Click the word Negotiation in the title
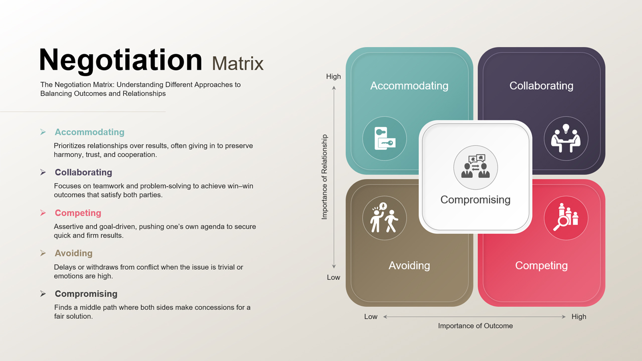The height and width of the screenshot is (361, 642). (120, 60)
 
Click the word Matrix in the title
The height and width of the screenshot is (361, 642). (238, 64)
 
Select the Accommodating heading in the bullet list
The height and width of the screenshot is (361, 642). (89, 132)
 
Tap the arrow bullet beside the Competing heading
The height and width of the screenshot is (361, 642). (43, 213)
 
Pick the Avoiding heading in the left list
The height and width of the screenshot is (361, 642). (73, 253)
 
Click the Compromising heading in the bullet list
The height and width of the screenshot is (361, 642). (86, 294)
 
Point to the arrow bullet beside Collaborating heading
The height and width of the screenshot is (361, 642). (43, 172)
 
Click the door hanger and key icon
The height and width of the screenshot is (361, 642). (385, 139)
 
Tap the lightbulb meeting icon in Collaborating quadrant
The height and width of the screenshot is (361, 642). (566, 139)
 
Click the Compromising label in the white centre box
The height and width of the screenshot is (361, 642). (475, 200)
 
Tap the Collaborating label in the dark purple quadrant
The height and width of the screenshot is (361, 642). (541, 86)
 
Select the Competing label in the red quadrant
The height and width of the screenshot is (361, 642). (541, 266)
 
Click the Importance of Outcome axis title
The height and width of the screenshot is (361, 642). (475, 326)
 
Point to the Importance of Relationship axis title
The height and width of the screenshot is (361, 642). (325, 176)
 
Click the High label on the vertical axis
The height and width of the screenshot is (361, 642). (334, 77)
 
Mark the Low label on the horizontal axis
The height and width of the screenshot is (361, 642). (371, 317)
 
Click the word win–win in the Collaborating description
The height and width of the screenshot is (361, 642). (241, 186)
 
